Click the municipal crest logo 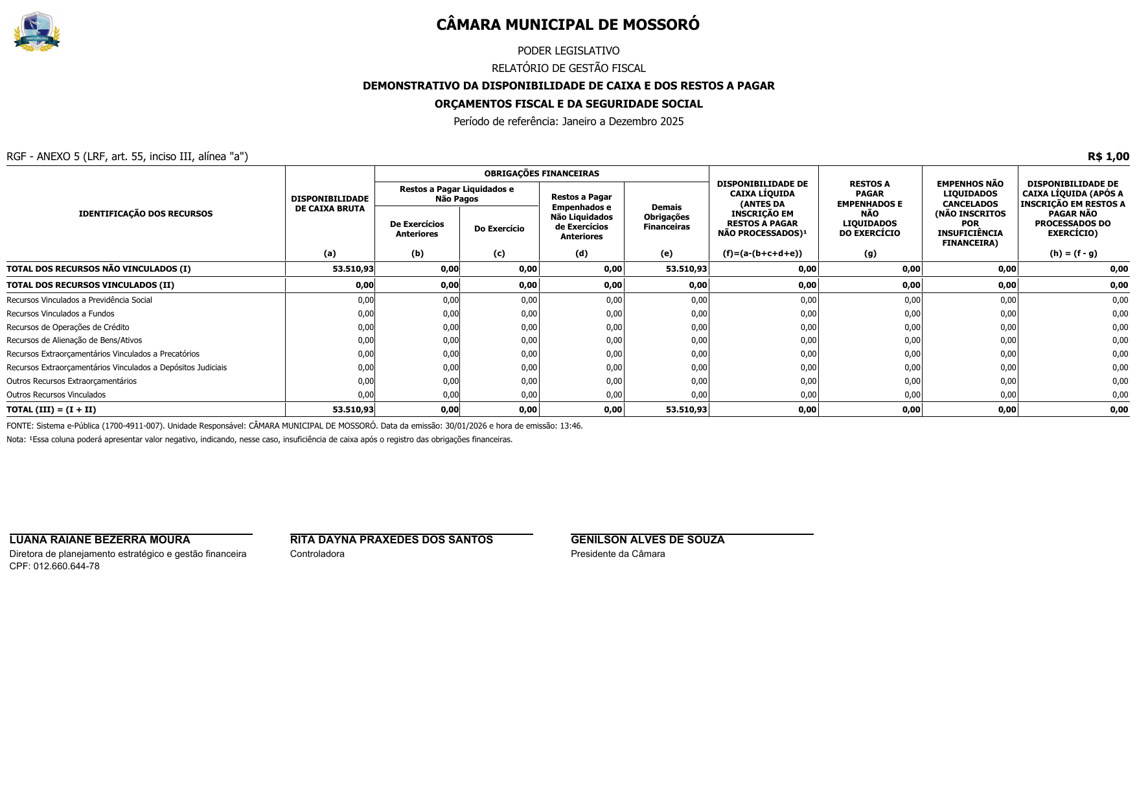pos(37,32)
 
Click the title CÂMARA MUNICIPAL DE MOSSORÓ pos(568,25)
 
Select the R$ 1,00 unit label pos(1108,156)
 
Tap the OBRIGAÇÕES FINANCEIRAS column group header pos(542,174)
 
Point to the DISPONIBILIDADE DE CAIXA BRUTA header pos(330,204)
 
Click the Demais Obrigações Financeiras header pos(666,217)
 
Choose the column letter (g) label pos(869,254)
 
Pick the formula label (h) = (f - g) pos(1073,254)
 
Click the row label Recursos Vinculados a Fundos pos(60,314)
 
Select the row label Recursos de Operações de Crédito pos(68,327)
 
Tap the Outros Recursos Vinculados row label pos(56,395)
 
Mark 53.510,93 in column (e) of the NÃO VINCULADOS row pos(686,269)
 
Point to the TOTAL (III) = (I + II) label pos(51,410)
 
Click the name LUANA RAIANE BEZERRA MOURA pos(100,540)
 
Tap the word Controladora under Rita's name pos(317,554)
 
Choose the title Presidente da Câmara pos(617,554)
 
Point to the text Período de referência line pos(568,121)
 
